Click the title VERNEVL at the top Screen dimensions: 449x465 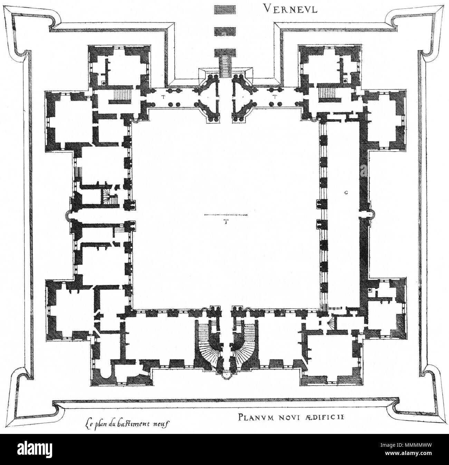[x=290, y=9]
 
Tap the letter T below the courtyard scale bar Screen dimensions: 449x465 [x=225, y=222]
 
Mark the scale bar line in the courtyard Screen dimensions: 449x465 [x=226, y=215]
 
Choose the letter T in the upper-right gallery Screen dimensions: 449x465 [x=275, y=97]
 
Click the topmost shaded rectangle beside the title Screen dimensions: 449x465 [x=225, y=9]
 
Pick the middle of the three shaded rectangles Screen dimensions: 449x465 [x=225, y=31]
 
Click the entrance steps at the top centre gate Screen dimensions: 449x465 [x=225, y=67]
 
